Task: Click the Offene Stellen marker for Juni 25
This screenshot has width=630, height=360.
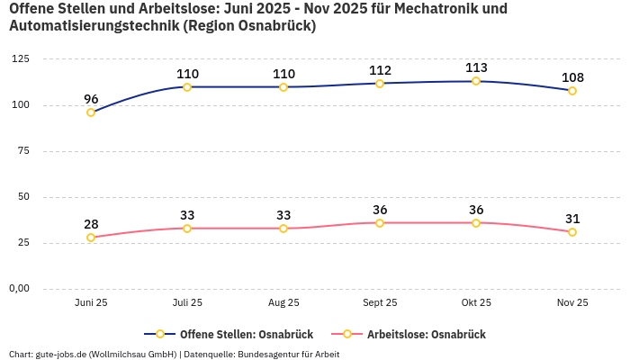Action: point(91,112)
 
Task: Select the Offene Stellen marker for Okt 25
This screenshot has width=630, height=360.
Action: point(476,81)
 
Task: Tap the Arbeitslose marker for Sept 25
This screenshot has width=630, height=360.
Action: point(380,222)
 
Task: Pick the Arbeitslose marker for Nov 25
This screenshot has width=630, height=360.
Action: point(572,232)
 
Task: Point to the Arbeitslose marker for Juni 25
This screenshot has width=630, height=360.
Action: point(91,238)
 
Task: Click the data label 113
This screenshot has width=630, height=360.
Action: point(476,67)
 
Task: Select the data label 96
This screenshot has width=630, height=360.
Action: point(91,99)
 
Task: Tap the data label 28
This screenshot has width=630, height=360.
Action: point(91,224)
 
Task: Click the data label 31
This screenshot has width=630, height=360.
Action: point(572,219)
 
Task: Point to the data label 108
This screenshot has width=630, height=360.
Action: point(572,77)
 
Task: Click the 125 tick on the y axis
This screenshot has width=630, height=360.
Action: point(20,59)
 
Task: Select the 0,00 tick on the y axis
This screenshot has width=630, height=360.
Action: point(18,289)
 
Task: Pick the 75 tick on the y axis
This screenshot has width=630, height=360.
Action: point(22,151)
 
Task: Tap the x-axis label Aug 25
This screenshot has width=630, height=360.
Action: point(283,303)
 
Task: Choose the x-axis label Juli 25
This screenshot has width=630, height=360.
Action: point(187,303)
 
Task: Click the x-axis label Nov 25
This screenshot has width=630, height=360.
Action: point(572,303)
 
